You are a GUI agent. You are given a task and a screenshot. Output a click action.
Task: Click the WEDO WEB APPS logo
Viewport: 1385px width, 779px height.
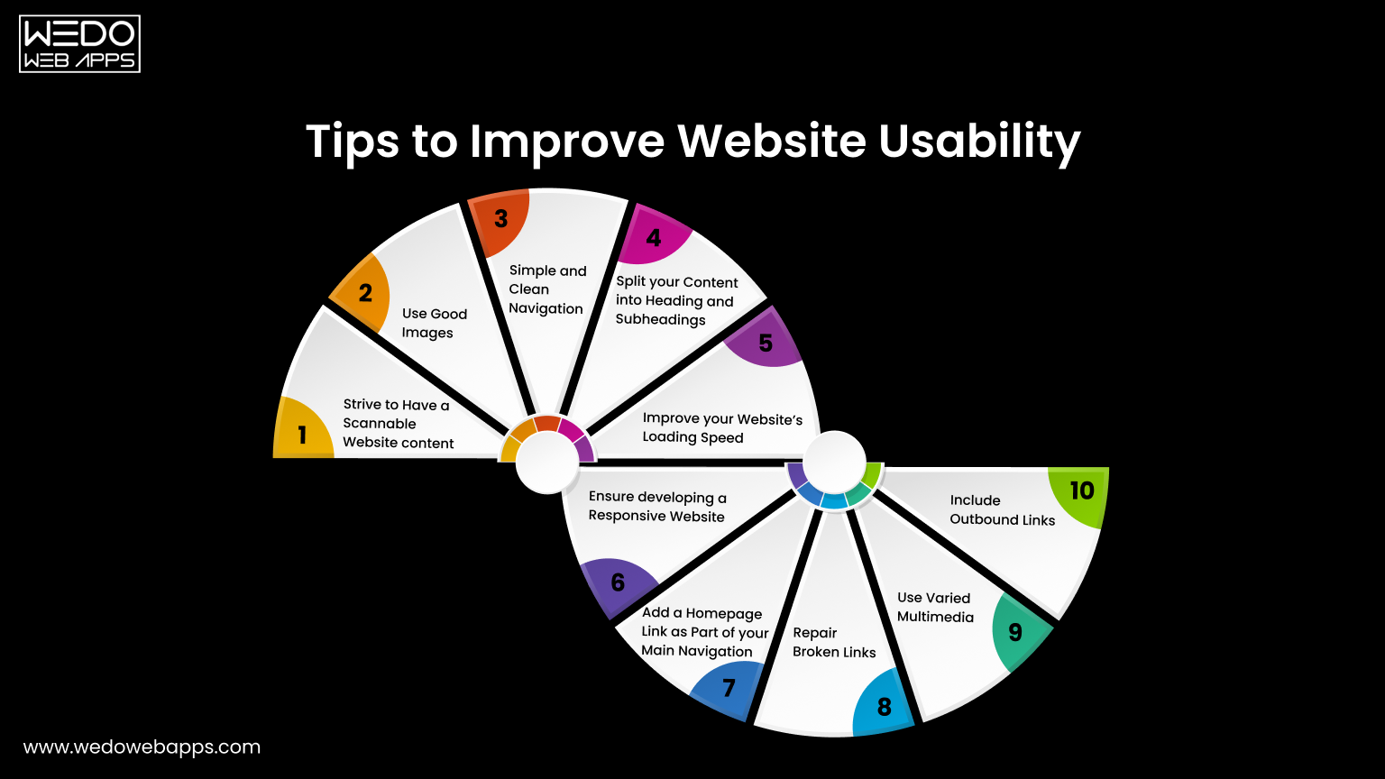(x=79, y=43)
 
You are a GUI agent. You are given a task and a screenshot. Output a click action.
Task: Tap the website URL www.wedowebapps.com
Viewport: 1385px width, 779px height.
(x=142, y=747)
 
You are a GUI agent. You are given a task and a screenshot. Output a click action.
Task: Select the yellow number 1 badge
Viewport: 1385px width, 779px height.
(x=302, y=435)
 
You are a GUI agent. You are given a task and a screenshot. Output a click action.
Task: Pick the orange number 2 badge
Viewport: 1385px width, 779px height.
(x=365, y=293)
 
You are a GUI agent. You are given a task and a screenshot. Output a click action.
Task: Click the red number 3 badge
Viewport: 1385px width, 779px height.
(x=500, y=218)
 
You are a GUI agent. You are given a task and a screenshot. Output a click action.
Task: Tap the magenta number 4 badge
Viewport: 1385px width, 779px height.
(x=654, y=237)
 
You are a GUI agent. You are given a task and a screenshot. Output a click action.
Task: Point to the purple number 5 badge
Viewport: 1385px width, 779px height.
(x=766, y=343)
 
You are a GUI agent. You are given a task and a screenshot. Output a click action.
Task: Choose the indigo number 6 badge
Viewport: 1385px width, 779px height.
(x=618, y=582)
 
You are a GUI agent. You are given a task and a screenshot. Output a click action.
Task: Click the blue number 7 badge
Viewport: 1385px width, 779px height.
(x=729, y=689)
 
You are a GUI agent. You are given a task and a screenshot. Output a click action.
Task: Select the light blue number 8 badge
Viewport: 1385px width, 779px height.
(x=884, y=707)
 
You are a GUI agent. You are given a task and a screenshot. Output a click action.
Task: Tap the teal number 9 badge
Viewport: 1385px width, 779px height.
(x=1015, y=632)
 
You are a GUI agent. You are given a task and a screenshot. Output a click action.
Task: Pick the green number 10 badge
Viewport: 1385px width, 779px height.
(x=1081, y=491)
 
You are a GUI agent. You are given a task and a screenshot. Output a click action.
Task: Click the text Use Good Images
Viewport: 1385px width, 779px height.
(x=435, y=323)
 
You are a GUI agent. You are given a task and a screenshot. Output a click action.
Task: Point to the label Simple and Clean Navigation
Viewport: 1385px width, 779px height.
(x=546, y=289)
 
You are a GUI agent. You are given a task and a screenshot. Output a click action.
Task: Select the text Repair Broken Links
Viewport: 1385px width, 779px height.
(x=834, y=642)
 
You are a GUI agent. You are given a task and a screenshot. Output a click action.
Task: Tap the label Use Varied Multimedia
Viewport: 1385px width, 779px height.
(x=935, y=607)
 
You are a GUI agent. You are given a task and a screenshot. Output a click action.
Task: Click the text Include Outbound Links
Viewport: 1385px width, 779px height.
(x=1002, y=509)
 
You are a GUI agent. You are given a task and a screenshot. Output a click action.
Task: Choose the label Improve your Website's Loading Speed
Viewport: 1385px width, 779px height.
(x=722, y=427)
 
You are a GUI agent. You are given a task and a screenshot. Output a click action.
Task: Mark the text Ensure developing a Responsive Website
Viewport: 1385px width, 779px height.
(x=657, y=507)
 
